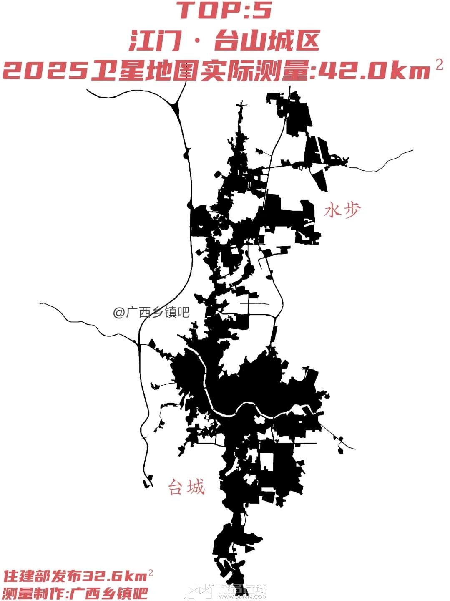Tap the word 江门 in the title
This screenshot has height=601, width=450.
(155, 41)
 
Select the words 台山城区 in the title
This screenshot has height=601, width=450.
(267, 41)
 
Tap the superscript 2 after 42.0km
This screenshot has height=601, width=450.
(439, 65)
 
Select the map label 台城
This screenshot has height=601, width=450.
(186, 487)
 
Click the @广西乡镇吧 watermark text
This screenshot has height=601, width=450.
(151, 312)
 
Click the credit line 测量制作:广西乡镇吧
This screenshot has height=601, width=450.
(75, 593)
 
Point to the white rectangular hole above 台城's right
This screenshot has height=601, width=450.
(266, 461)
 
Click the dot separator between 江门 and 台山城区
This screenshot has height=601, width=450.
(197, 41)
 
